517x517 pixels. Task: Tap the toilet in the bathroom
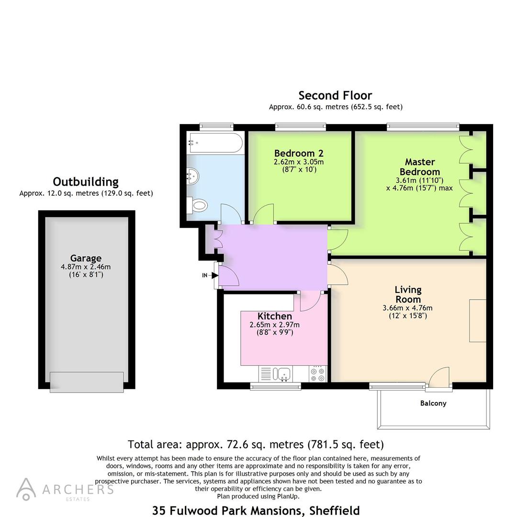(198, 205)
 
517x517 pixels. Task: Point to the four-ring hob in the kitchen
(318, 373)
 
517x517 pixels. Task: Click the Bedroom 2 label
(299, 153)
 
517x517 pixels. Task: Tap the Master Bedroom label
(419, 167)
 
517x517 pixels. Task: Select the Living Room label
(408, 294)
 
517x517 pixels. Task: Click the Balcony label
(433, 403)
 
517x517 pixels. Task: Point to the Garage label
(86, 258)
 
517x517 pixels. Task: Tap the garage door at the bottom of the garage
(87, 382)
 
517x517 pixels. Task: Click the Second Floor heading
(335, 95)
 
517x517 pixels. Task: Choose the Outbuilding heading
(86, 181)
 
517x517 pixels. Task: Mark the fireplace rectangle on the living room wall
(477, 320)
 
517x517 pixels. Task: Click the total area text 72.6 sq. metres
(256, 444)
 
